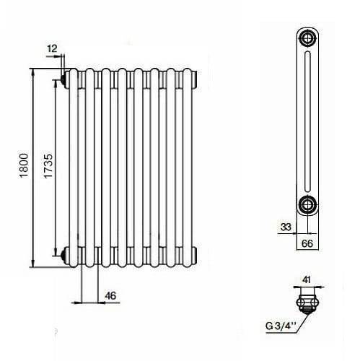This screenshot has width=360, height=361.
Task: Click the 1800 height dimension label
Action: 24,165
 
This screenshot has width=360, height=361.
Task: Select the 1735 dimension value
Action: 48,166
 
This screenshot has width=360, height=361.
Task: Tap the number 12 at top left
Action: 52,48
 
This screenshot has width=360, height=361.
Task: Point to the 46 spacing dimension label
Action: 110,295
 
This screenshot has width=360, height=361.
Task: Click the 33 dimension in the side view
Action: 286,227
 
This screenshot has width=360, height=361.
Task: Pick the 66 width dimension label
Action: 307,243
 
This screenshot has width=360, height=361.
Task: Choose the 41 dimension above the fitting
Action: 307,279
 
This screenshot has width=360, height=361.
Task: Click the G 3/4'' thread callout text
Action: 280,326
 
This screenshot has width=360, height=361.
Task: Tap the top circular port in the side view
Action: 307,38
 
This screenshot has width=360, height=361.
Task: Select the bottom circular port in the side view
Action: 307,205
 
